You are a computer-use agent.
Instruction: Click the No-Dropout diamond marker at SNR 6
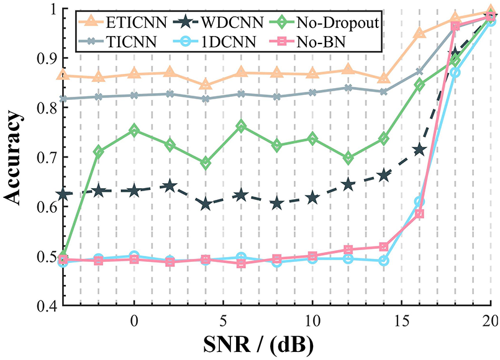pyautogui.click(x=241, y=127)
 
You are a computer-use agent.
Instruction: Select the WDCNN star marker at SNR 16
pyautogui.click(x=419, y=150)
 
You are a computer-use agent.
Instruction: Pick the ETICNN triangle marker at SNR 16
pyautogui.click(x=419, y=32)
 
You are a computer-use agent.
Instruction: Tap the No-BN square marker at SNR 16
pyautogui.click(x=419, y=214)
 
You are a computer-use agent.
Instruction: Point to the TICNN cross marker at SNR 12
pyautogui.click(x=348, y=88)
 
